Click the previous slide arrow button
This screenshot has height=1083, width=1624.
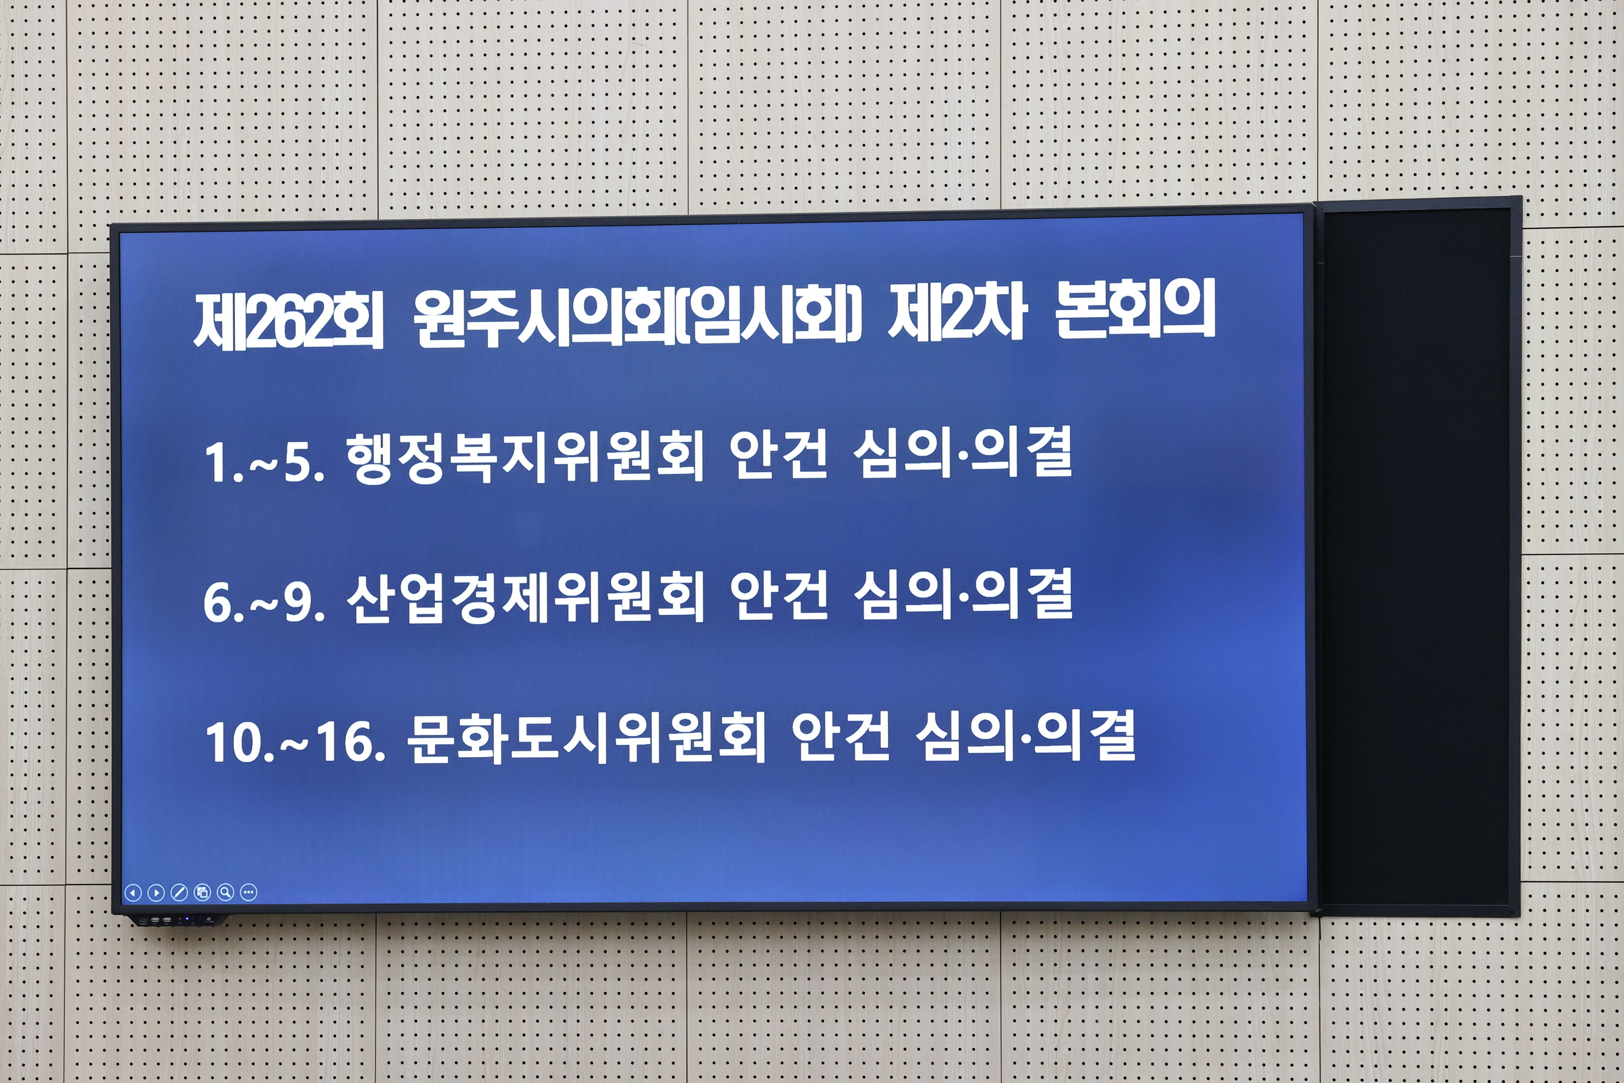[133, 892]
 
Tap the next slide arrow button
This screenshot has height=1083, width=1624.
[156, 892]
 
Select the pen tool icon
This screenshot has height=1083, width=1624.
[179, 892]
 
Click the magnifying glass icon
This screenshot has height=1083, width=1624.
[225, 892]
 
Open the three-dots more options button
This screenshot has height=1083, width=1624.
[248, 892]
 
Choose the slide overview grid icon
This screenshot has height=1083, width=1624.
[202, 892]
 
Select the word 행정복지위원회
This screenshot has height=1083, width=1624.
[525, 456]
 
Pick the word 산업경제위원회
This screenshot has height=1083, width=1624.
[525, 597]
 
